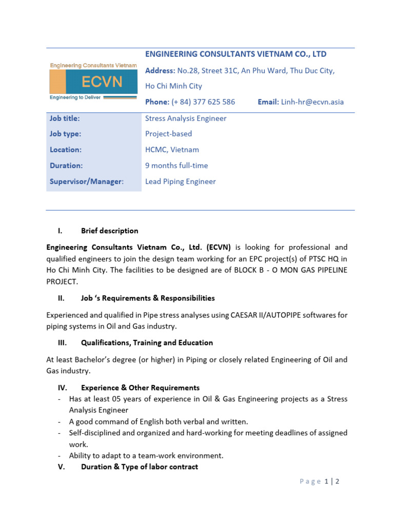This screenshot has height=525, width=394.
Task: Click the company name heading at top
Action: coord(236,54)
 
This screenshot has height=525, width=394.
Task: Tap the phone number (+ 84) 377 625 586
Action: coord(203,102)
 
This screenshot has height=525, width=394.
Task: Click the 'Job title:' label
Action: coord(65,118)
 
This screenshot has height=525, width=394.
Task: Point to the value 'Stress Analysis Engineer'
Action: coord(186,118)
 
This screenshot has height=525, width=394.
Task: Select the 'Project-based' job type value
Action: coord(168,134)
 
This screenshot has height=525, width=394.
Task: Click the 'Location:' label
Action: coord(65,150)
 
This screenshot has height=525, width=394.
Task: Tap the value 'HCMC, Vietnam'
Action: coord(172,150)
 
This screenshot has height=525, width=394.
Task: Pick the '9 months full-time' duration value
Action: coord(176,166)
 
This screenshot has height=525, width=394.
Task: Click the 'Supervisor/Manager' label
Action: coord(86,181)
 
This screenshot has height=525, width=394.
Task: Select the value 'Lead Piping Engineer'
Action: coord(180,181)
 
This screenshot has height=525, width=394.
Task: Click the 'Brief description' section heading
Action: coord(109,231)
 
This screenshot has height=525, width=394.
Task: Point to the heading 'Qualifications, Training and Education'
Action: coord(147,342)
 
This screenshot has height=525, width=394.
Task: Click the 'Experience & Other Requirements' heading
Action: coord(140,388)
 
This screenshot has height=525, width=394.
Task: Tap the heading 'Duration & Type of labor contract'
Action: coord(139,467)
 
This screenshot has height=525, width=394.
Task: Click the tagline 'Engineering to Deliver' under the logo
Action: coord(75,97)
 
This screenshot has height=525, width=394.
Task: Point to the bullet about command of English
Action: coord(159,421)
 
